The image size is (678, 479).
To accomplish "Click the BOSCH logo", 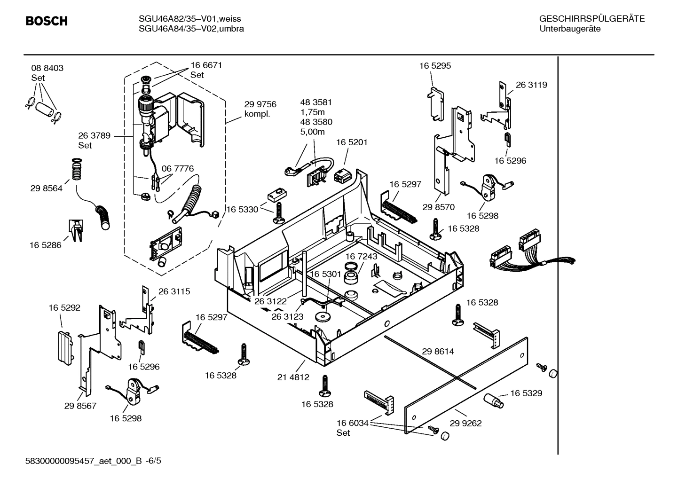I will pyautogui.click(x=46, y=21).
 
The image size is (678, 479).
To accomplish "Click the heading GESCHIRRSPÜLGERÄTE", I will pyautogui.click(x=591, y=19).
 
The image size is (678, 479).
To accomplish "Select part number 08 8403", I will pyautogui.click(x=47, y=68).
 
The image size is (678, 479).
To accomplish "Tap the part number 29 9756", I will pyautogui.click(x=260, y=104).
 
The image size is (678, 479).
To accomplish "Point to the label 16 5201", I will pyautogui.click(x=352, y=142).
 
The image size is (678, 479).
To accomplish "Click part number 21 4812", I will pyautogui.click(x=293, y=377).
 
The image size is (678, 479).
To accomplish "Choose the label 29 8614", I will pyautogui.click(x=438, y=351).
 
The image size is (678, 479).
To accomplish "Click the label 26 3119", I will pyautogui.click(x=531, y=85).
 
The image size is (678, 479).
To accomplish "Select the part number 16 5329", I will pyautogui.click(x=526, y=393).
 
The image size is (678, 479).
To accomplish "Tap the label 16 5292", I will pyautogui.click(x=64, y=308).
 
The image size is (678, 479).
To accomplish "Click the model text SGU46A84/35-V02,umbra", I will pyautogui.click(x=191, y=29).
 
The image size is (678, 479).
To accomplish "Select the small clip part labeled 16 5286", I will pyautogui.click(x=76, y=230).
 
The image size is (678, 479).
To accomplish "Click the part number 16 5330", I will pyautogui.click(x=243, y=210).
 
